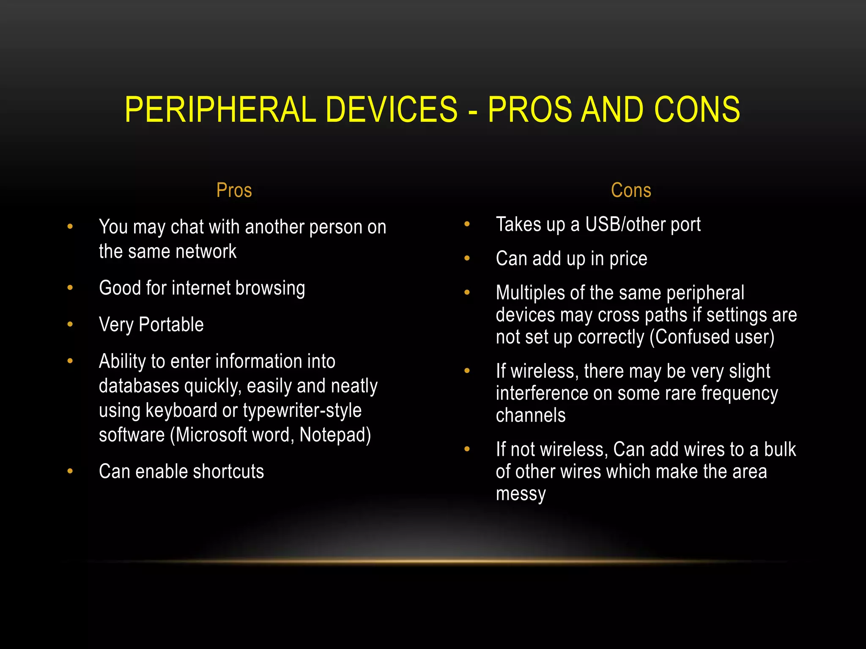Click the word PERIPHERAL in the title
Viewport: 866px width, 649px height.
pyautogui.click(x=220, y=109)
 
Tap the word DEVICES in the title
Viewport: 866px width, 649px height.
pyautogui.click(x=392, y=109)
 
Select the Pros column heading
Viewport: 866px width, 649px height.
pyautogui.click(x=234, y=190)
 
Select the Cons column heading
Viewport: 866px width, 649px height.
pyautogui.click(x=631, y=190)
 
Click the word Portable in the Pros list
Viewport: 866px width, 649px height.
pyautogui.click(x=171, y=324)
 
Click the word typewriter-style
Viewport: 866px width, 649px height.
pyautogui.click(x=302, y=411)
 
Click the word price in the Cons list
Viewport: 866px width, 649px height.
pyautogui.click(x=628, y=259)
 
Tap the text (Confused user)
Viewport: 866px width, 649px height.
pyautogui.click(x=712, y=337)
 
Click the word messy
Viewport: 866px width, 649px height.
pyautogui.click(x=521, y=494)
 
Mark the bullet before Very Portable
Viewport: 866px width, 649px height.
pyautogui.click(x=70, y=324)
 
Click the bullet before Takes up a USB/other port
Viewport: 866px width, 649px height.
pyautogui.click(x=467, y=224)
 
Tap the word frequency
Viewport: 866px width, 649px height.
pyautogui.click(x=740, y=393)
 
